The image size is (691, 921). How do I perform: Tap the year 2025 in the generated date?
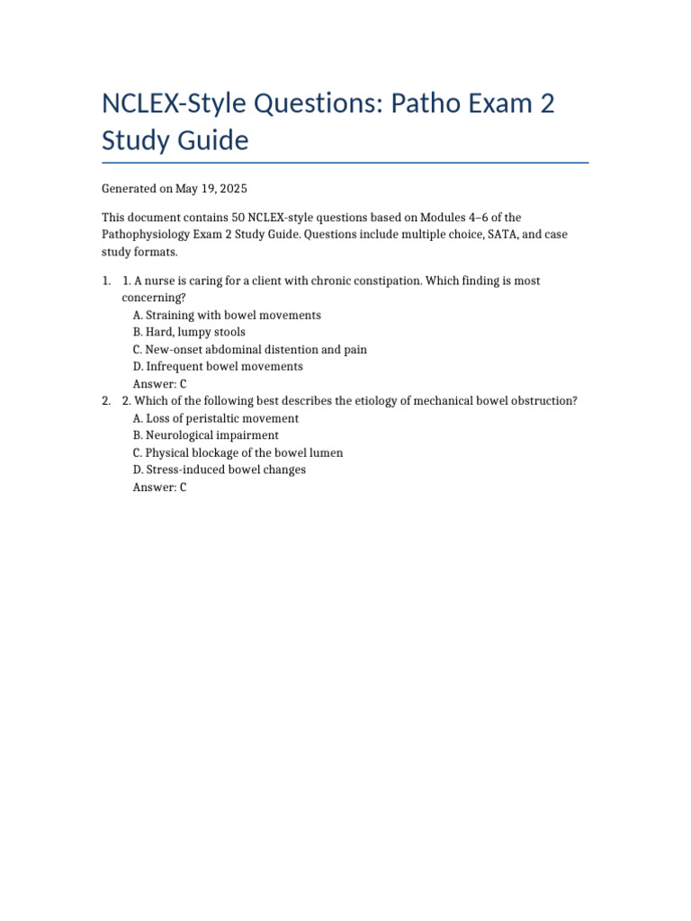[232, 189]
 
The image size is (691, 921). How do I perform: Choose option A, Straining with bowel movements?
[226, 316]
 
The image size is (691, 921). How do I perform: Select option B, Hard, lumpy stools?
[188, 333]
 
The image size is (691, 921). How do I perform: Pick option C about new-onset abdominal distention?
[249, 350]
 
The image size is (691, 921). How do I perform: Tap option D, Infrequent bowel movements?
[217, 367]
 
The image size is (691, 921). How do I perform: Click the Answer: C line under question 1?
[159, 384]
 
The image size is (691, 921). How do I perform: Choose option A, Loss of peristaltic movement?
[215, 418]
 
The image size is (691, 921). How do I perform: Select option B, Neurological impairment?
[205, 435]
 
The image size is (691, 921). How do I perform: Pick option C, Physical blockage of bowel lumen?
[238, 452]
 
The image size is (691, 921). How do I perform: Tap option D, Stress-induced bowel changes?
[219, 469]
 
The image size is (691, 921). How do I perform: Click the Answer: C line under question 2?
[159, 487]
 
